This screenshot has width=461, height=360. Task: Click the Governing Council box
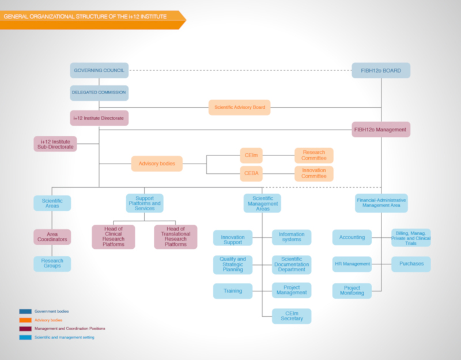tap(99, 70)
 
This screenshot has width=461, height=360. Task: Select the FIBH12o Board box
tap(381, 70)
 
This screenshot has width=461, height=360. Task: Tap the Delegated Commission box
tap(99, 93)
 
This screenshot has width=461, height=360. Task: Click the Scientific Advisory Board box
tap(239, 107)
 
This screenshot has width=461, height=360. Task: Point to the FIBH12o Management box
tap(381, 130)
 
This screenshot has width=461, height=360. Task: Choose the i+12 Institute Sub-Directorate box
tap(55, 144)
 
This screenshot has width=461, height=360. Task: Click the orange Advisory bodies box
tap(157, 164)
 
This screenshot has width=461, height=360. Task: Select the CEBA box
tap(251, 173)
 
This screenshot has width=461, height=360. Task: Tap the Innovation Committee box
tap(313, 173)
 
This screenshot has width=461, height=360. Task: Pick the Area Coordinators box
tap(52, 237)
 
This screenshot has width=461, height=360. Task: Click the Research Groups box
tap(52, 264)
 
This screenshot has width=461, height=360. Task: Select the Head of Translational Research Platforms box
tap(176, 237)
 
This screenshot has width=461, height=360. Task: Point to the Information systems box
tap(292, 237)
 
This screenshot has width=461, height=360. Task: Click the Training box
tap(233, 291)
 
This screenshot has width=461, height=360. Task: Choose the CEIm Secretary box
tap(292, 316)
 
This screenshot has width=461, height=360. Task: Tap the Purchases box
tap(411, 264)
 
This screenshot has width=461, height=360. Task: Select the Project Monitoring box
tap(352, 291)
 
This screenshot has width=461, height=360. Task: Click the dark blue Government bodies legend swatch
tap(25, 312)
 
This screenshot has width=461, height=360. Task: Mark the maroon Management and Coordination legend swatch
tap(25, 328)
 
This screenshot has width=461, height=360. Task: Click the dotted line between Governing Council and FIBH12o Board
tap(240, 70)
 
